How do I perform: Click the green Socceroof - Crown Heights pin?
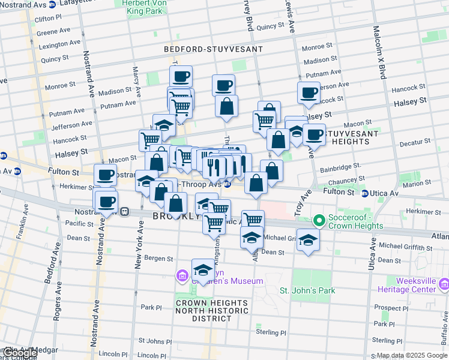tap(319, 221)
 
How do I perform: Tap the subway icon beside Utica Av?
tap(365, 193)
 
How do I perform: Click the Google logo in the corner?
tap(19, 353)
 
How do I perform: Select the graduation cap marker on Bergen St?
tap(203, 269)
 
